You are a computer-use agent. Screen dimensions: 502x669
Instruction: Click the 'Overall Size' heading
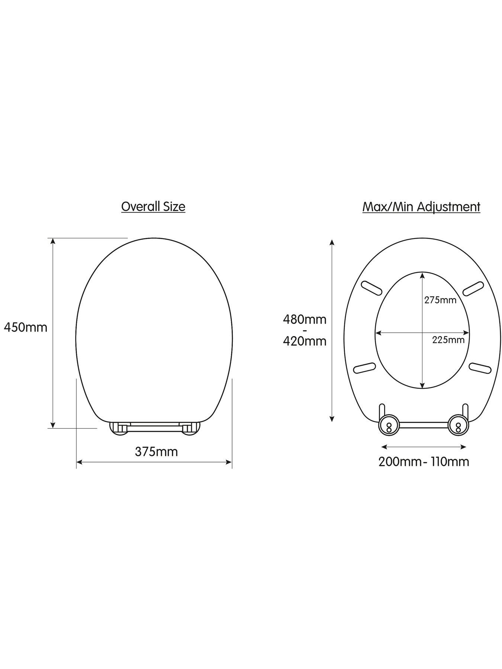pyautogui.click(x=153, y=207)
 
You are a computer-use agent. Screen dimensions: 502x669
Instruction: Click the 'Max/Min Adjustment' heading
pyautogui.click(x=421, y=207)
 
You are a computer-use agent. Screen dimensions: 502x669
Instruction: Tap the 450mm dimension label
pyautogui.click(x=26, y=327)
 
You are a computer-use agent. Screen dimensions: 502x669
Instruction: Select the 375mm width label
pyautogui.click(x=156, y=452)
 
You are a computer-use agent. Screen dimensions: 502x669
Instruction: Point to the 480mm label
pyautogui.click(x=305, y=319)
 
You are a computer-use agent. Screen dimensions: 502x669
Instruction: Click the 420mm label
pyautogui.click(x=305, y=341)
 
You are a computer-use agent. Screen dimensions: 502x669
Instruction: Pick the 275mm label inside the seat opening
pyautogui.click(x=440, y=300)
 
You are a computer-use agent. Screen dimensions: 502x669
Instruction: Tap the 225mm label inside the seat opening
pyautogui.click(x=448, y=340)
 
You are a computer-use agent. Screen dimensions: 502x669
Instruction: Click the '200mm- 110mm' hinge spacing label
pyautogui.click(x=424, y=462)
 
